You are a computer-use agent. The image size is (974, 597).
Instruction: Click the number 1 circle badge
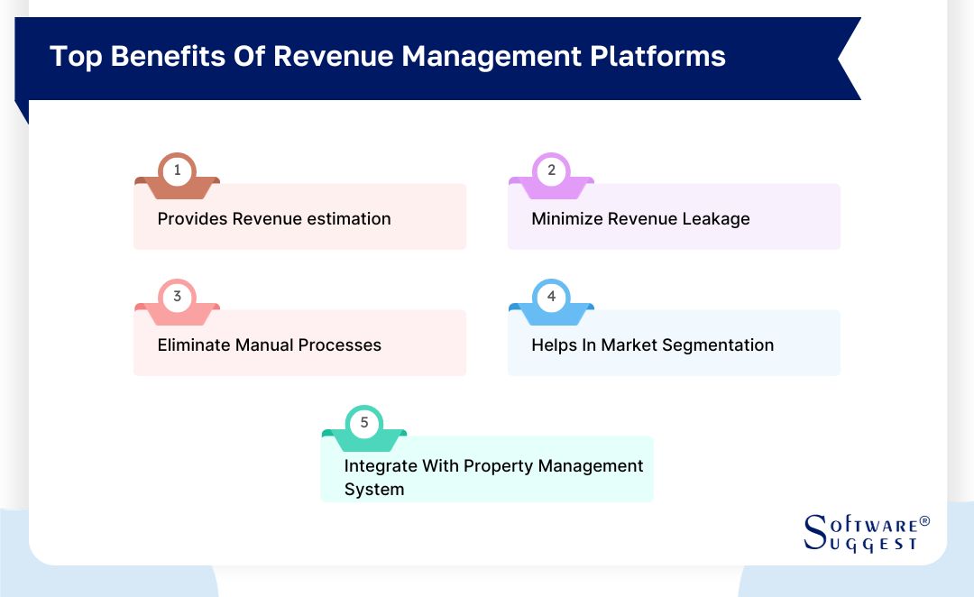click(177, 170)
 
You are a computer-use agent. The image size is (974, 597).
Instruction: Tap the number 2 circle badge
click(551, 170)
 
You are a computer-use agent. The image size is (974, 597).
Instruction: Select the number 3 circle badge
click(177, 296)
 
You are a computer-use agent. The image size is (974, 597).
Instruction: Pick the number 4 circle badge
click(551, 296)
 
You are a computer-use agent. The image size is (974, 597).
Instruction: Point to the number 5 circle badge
click(364, 422)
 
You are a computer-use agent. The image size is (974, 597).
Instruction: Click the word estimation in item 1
click(350, 218)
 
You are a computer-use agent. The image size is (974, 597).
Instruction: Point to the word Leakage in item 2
click(716, 218)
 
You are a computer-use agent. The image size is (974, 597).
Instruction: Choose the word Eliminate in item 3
click(194, 344)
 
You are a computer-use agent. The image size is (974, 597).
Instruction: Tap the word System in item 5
click(374, 489)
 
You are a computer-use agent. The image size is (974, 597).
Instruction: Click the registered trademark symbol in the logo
click(924, 522)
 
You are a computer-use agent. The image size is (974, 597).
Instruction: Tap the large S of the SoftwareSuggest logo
click(815, 532)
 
